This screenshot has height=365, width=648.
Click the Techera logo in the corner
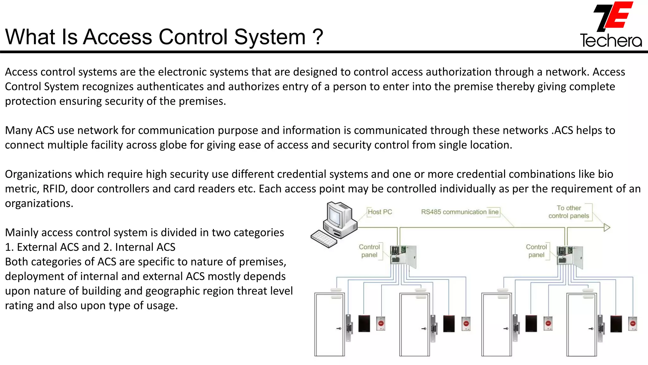[x=611, y=25]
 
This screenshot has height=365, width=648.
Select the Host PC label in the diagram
[x=380, y=212]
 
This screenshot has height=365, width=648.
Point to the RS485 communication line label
[x=460, y=212]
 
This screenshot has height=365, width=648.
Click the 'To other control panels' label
[x=569, y=212]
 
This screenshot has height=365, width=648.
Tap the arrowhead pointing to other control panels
[x=607, y=227]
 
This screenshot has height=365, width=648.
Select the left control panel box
[x=403, y=256]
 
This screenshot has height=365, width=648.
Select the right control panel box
[x=570, y=256]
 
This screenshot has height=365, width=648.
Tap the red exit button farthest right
[x=632, y=323]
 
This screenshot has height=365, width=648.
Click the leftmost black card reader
[x=364, y=323]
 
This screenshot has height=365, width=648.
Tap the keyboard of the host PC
[x=324, y=239]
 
